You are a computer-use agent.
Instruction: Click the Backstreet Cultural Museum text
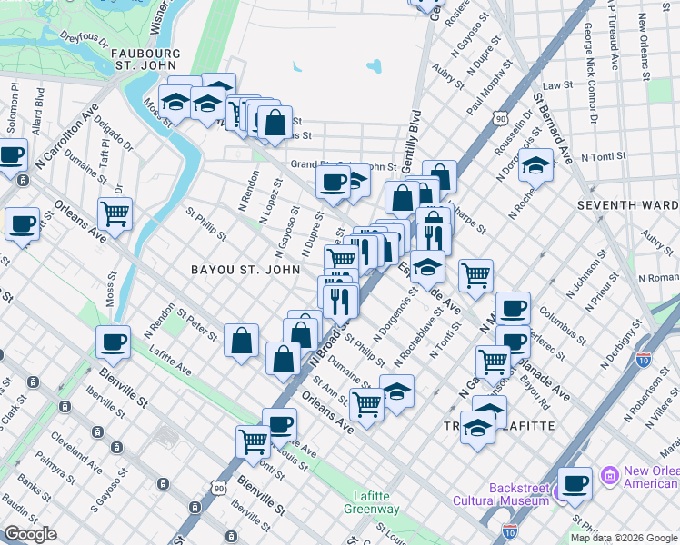518,493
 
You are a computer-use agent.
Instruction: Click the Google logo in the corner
30,534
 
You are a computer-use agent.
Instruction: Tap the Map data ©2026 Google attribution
623,538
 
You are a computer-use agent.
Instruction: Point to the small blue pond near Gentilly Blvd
374,66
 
